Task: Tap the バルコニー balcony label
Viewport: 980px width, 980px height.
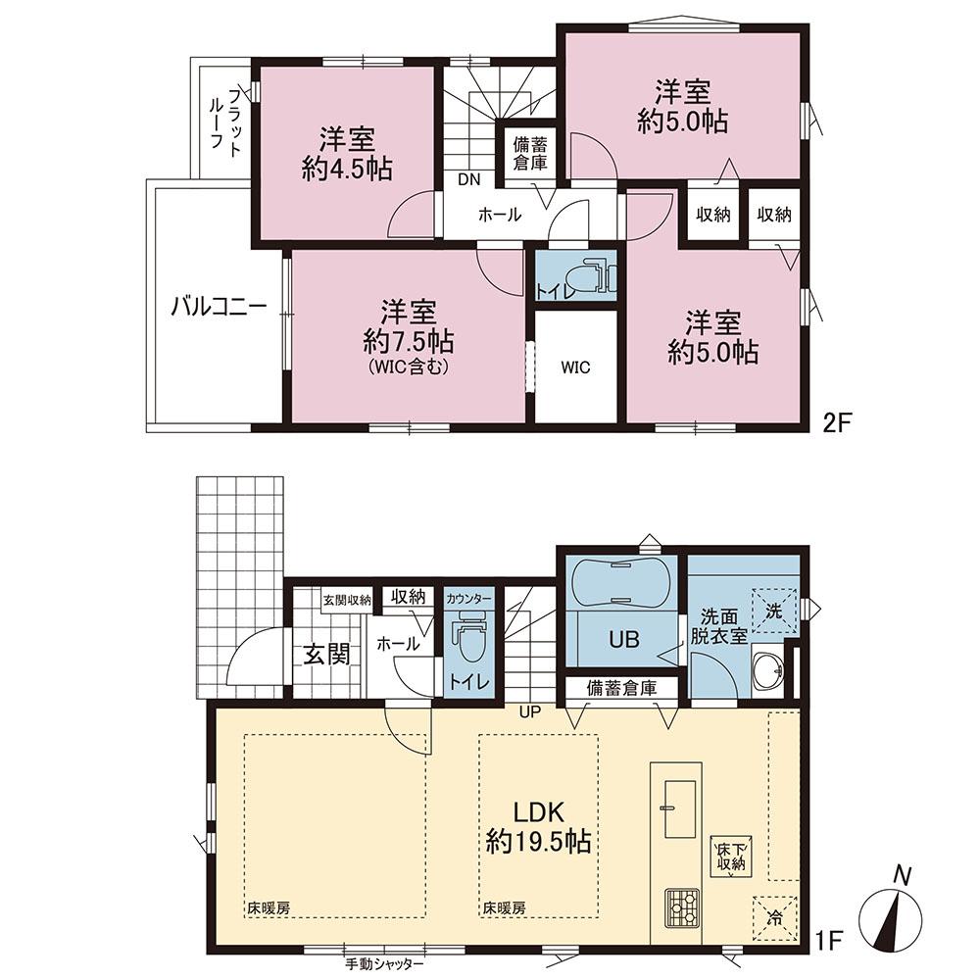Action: coord(220,308)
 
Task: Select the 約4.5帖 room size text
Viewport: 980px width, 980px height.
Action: coord(347,169)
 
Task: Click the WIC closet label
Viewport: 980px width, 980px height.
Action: coord(575,367)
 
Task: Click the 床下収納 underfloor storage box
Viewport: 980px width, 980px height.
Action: coord(731,857)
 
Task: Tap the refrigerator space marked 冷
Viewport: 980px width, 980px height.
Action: coord(775,919)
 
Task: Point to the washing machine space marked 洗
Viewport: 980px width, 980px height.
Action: coord(775,612)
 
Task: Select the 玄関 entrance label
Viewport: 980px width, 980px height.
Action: coord(326,655)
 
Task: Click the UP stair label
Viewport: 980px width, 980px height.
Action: coord(529,711)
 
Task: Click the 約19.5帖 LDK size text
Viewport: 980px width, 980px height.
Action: coord(539,842)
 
